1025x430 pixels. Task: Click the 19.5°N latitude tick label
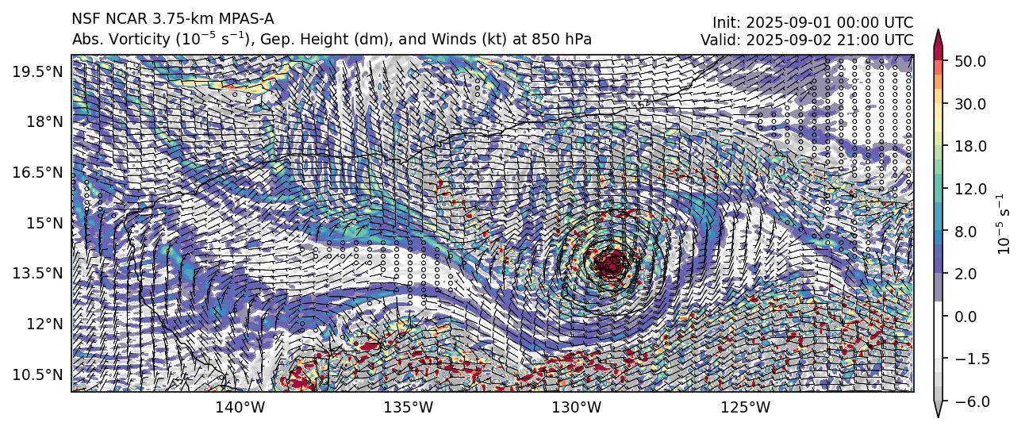tap(38, 71)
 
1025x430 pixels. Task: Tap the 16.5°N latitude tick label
tap(38, 172)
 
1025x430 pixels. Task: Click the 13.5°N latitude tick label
tap(38, 273)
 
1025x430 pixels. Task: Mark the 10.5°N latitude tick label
tap(38, 374)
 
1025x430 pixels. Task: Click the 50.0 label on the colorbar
tap(971, 61)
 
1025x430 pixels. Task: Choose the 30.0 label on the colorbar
tap(971, 104)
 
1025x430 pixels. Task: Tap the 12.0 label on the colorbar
tap(971, 189)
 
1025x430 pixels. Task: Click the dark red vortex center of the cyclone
tap(612, 263)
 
